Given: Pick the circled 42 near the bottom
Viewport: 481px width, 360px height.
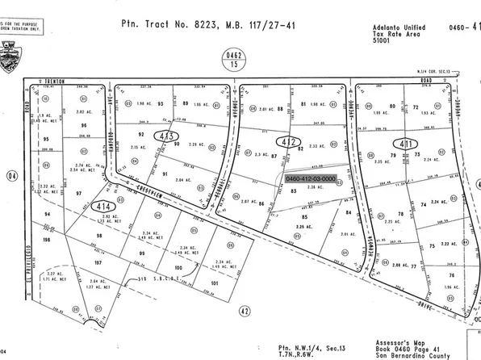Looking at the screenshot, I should click(243, 309).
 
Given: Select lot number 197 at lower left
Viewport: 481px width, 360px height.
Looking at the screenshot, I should click(98, 263).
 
